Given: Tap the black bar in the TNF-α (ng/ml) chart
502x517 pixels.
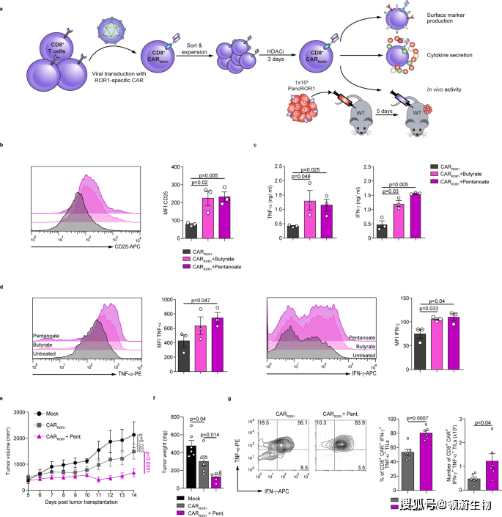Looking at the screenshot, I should [x=292, y=221].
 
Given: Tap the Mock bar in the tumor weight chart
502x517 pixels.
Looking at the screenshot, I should [x=191, y=469].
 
